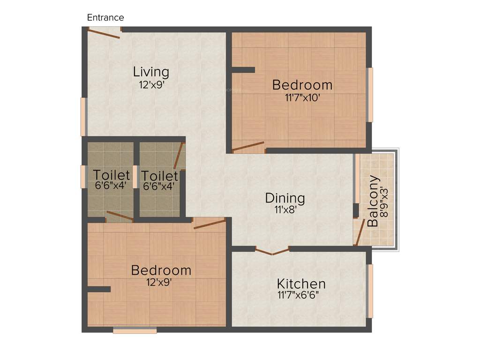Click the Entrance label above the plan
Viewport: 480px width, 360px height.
[x=105, y=18]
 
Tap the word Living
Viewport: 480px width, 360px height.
[x=151, y=72]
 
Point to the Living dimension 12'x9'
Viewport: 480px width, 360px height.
[x=151, y=85]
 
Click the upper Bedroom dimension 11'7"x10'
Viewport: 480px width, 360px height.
[x=302, y=97]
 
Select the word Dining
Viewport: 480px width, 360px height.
[x=285, y=198]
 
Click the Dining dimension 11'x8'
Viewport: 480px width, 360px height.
[x=285, y=210]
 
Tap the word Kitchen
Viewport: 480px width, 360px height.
[x=301, y=284]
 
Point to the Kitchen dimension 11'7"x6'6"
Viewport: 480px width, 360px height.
[x=301, y=295]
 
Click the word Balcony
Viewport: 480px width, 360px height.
[x=373, y=201]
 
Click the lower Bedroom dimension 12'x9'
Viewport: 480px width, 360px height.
[x=161, y=282]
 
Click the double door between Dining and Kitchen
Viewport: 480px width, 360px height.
[x=272, y=251]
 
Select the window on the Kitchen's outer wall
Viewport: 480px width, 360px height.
[x=370, y=291]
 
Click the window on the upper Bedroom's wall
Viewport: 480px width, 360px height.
[x=370, y=95]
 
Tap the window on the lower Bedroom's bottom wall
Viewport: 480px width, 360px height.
[x=135, y=330]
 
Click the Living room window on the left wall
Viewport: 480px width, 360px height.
[x=83, y=117]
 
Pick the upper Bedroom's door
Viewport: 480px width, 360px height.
[x=248, y=147]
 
